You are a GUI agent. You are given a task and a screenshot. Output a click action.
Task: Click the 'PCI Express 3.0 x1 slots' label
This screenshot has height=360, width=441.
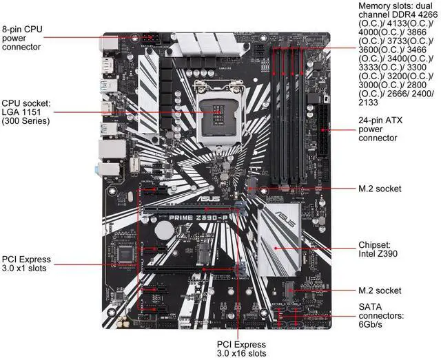coord(26,264)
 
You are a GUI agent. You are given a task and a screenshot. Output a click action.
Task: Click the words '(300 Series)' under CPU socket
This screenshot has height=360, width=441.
coord(26,121)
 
